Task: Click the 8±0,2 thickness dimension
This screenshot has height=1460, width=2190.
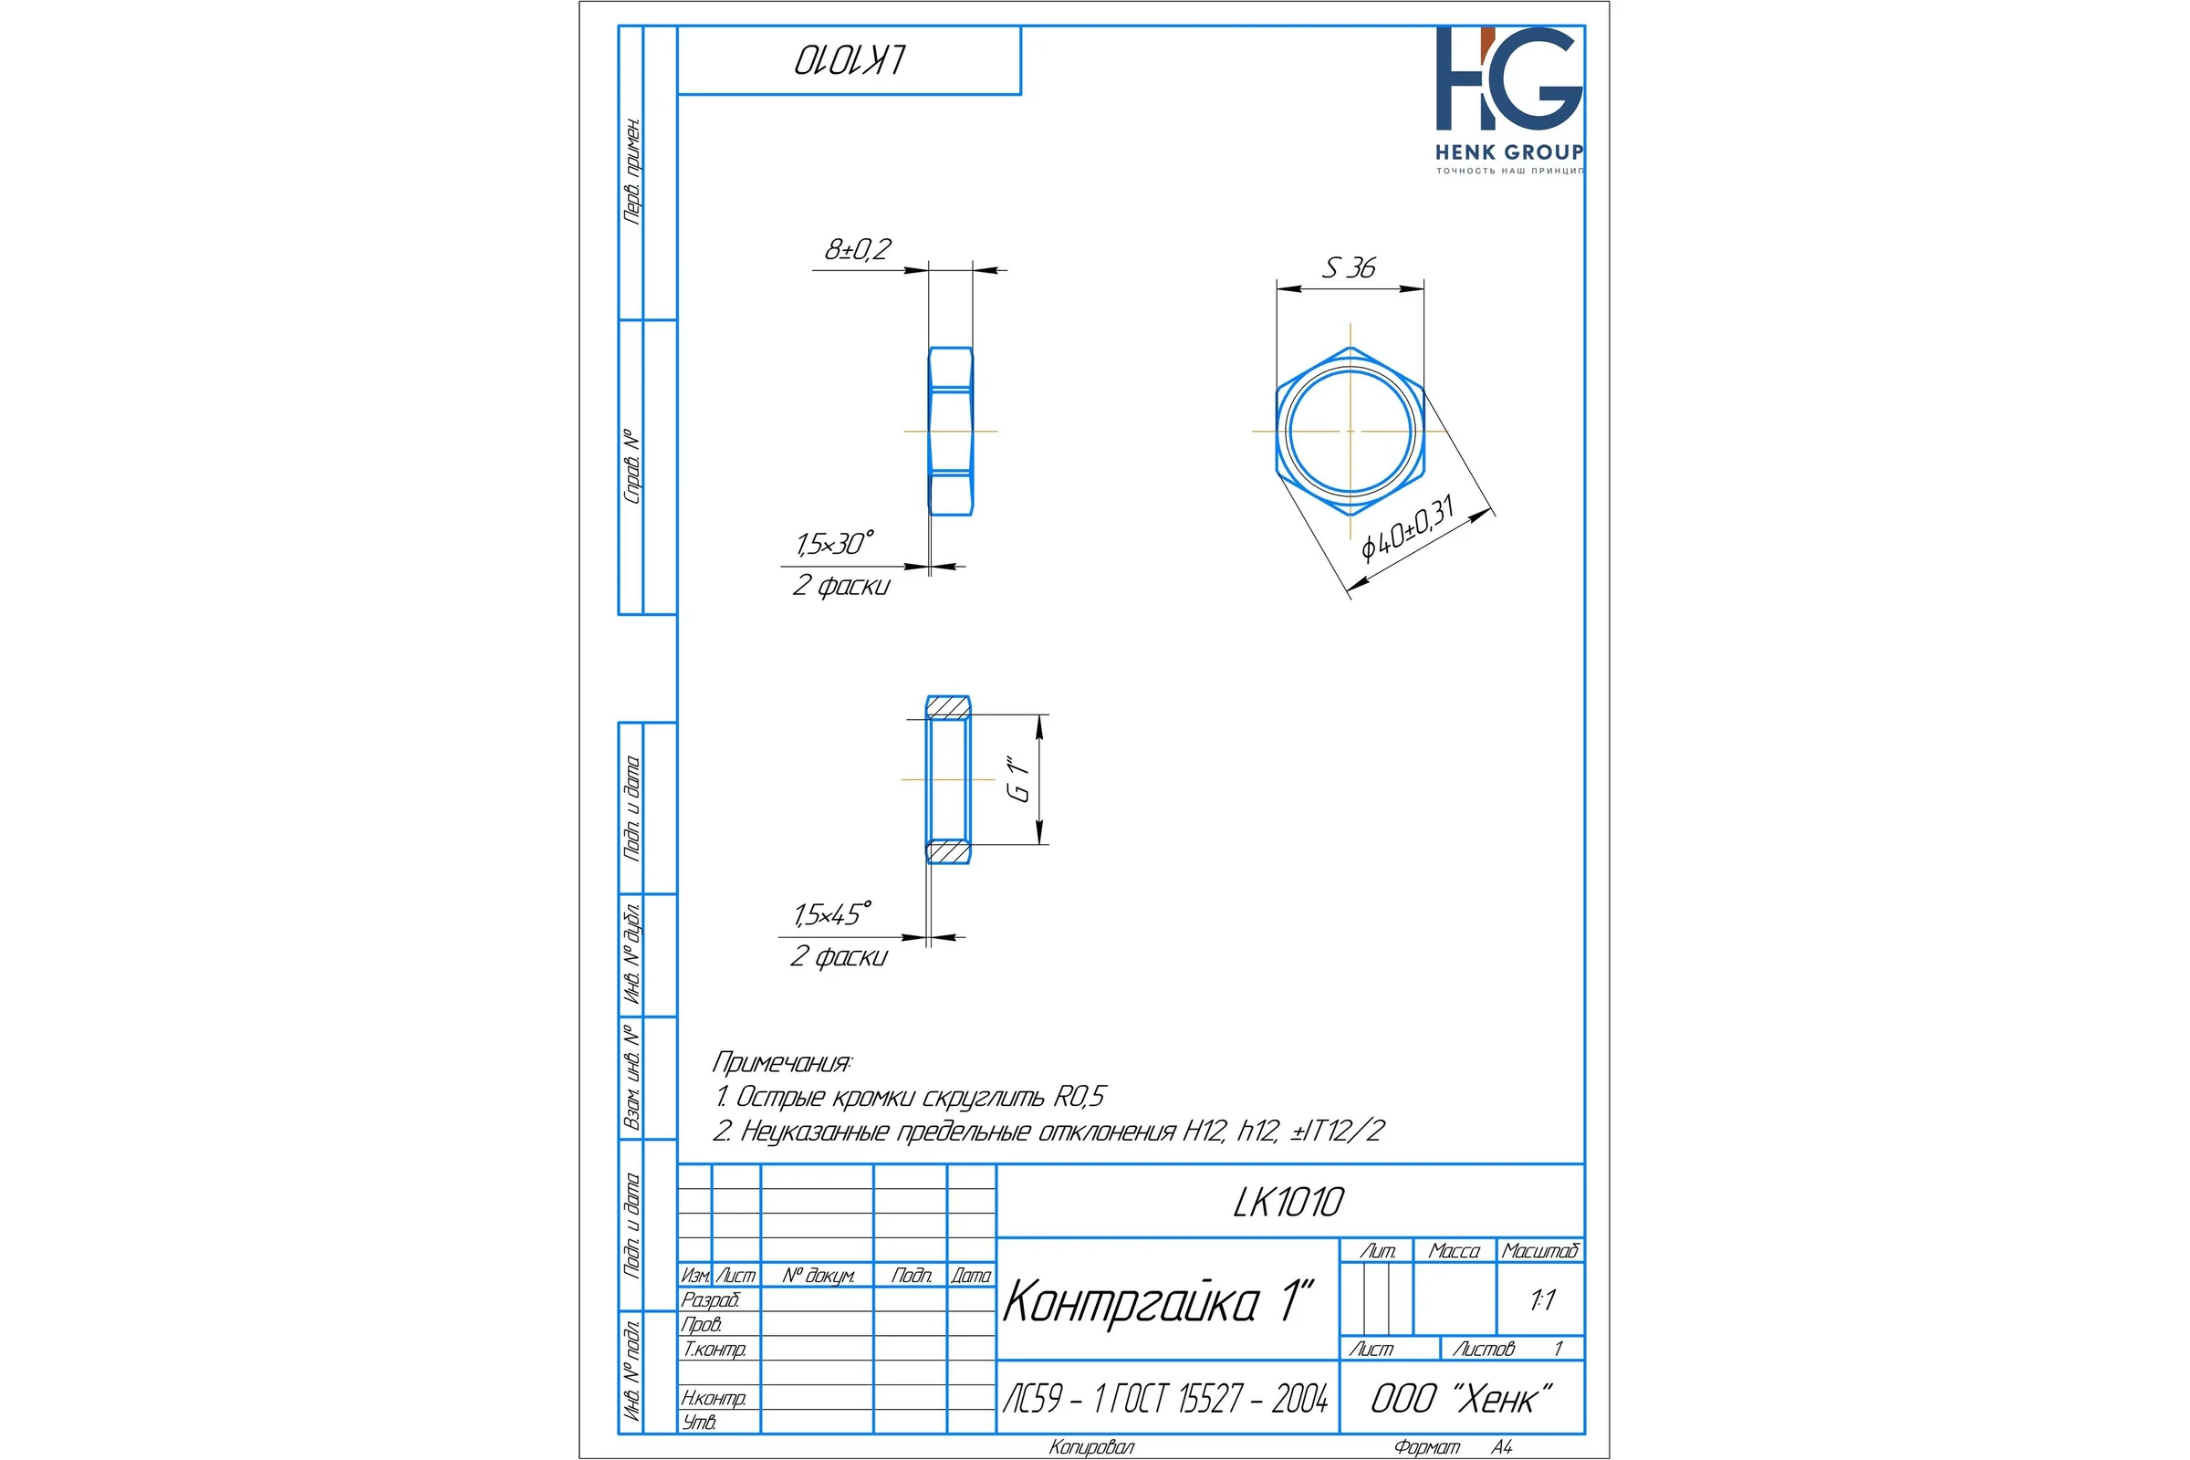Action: (x=858, y=249)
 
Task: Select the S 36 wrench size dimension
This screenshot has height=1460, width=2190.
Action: (x=1349, y=268)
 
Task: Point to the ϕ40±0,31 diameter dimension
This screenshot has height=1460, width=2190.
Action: (x=1407, y=529)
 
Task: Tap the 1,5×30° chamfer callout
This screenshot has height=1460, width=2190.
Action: (x=835, y=544)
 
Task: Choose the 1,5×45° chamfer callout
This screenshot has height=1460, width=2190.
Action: (x=833, y=914)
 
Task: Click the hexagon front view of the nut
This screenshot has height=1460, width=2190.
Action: (x=1350, y=431)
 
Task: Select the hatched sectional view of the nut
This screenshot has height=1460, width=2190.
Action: (x=948, y=779)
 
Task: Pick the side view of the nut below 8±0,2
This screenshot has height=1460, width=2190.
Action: (x=951, y=431)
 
